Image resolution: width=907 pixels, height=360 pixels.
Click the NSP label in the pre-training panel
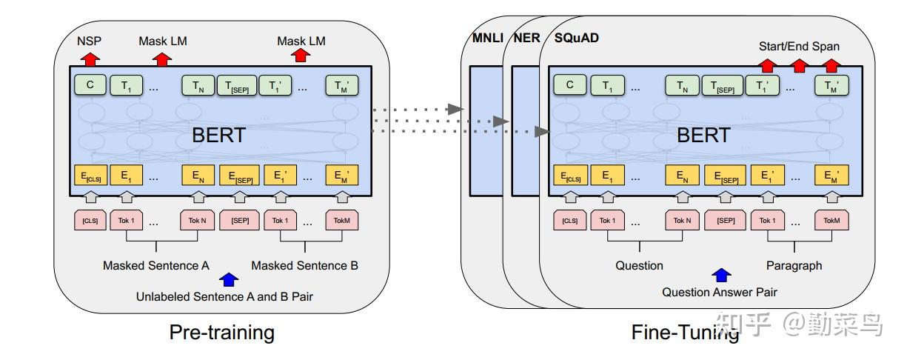click(x=89, y=41)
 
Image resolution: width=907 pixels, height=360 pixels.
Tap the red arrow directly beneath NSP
click(x=90, y=59)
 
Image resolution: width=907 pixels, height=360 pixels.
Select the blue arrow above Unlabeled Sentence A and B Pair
click(x=228, y=279)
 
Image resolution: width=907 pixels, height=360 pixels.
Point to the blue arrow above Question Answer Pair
click(x=721, y=276)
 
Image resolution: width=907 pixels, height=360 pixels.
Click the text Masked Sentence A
click(x=156, y=266)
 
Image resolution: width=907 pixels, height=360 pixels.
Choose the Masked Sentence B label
click(x=304, y=266)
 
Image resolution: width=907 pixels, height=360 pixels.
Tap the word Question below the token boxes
click(x=639, y=266)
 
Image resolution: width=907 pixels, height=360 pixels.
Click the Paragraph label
click(x=794, y=266)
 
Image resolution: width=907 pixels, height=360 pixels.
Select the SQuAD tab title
click(x=576, y=38)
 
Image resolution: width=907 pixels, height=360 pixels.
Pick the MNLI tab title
click(x=487, y=38)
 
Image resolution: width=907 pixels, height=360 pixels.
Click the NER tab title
click(x=526, y=38)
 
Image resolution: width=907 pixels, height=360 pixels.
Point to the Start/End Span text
click(x=799, y=46)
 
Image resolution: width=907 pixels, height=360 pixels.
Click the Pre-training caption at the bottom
click(x=222, y=332)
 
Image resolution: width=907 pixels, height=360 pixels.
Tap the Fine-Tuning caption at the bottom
click(x=685, y=333)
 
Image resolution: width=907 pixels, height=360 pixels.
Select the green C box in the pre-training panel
click(x=90, y=85)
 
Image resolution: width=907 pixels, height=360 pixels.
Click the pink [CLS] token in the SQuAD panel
click(x=569, y=220)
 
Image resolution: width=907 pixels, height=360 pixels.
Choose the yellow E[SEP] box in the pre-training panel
click(x=239, y=176)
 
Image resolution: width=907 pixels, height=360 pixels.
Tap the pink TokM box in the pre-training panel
click(x=342, y=220)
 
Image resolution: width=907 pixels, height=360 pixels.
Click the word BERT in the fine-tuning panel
click(x=703, y=135)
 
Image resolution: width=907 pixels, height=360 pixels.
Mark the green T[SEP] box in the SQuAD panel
click(x=723, y=85)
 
